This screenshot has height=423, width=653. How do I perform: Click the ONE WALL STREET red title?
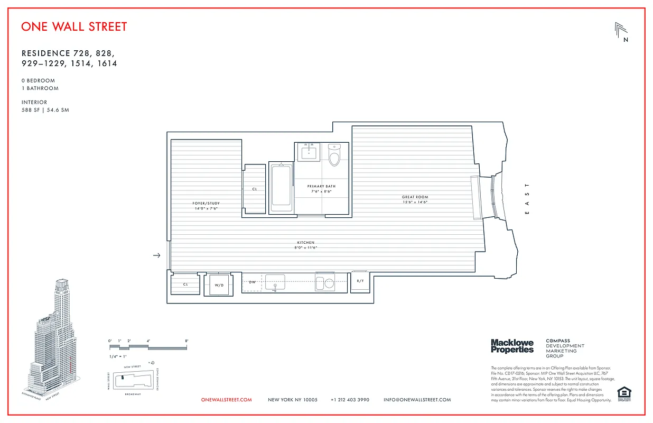coord(74,26)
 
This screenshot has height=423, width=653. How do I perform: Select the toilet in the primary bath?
coord(334,155)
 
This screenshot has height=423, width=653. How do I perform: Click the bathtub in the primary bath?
coord(281,188)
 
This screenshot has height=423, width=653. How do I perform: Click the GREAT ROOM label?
coord(415,199)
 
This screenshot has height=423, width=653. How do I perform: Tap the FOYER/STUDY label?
coord(206,206)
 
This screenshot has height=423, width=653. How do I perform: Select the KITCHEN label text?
coord(305,245)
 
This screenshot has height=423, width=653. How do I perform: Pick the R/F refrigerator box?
coord(360,282)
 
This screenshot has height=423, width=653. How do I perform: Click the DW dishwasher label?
coord(253,282)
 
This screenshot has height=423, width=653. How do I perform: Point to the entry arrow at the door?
coord(156,256)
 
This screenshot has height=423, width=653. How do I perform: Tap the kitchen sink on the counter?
coord(275,282)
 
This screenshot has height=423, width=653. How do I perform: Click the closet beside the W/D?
coord(185,284)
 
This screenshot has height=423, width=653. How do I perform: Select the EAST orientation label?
coord(526,199)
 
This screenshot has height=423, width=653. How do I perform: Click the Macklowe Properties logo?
coord(512,346)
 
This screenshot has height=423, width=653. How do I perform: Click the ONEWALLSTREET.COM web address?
coord(227,400)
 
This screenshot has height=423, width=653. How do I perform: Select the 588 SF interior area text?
coord(45,110)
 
